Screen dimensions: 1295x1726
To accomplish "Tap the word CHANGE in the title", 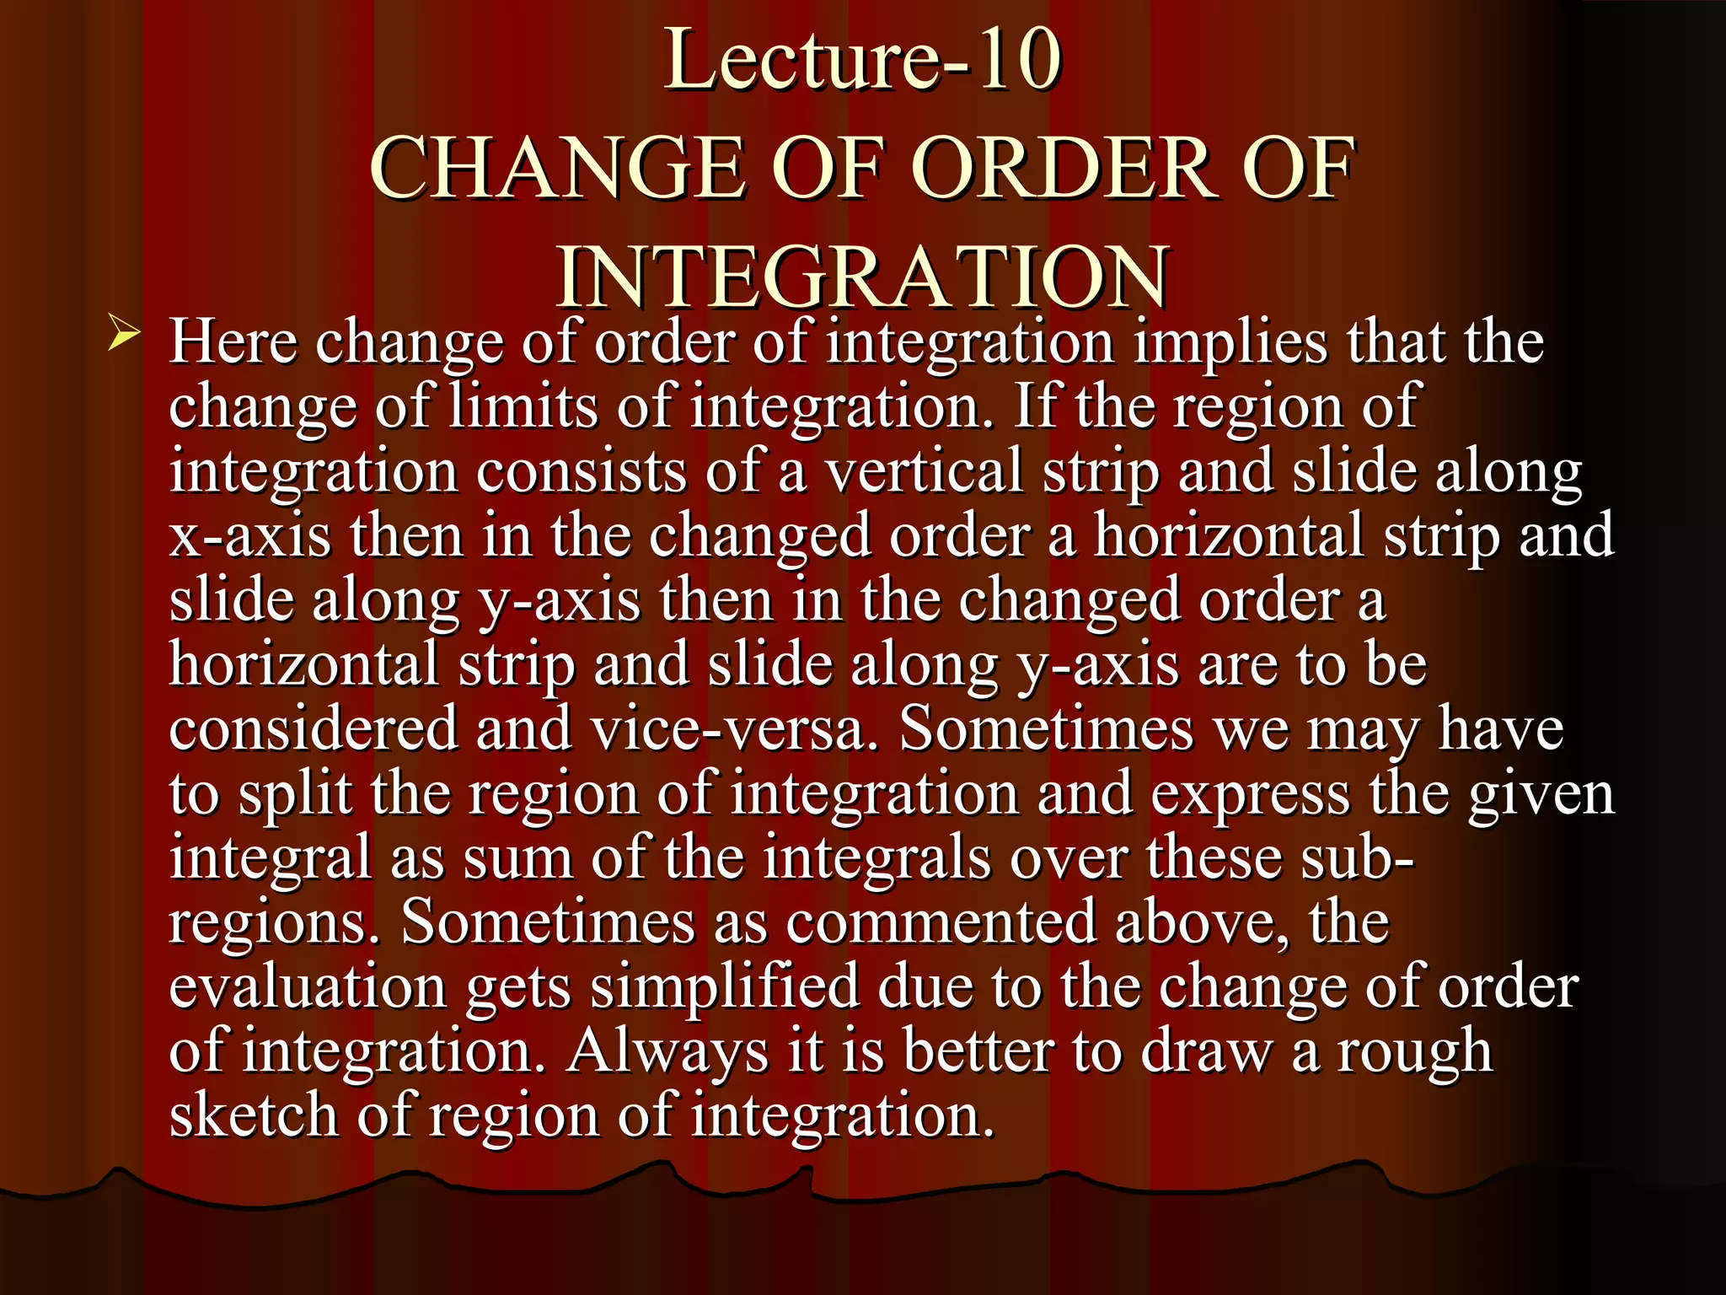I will tap(557, 168).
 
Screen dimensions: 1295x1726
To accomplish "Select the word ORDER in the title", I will tap(1066, 168).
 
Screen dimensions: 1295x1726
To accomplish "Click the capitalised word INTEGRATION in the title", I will tap(862, 277).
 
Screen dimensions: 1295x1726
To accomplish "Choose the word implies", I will tap(1230, 343).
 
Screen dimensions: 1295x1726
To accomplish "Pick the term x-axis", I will tap(250, 536).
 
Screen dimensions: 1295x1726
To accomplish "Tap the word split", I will tap(296, 794).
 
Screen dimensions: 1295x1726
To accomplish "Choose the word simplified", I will tap(724, 986).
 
